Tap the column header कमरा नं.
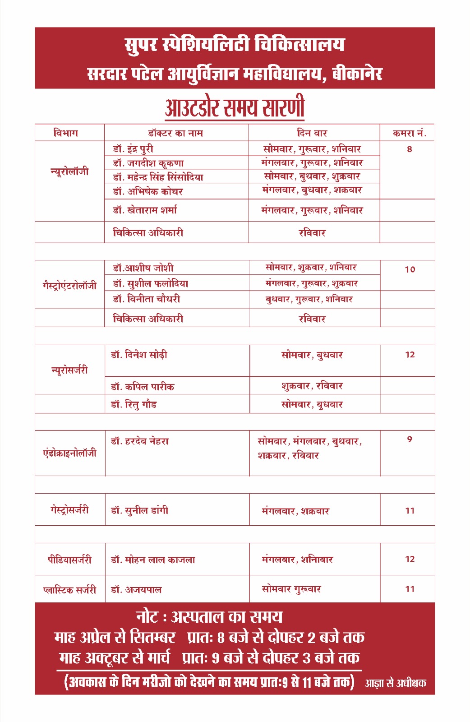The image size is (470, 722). click(x=409, y=133)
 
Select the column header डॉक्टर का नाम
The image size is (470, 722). click(x=175, y=133)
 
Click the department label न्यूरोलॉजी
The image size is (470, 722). click(x=69, y=171)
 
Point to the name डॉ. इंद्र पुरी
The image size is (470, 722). click(x=133, y=149)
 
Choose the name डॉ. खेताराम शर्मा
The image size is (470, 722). click(x=145, y=210)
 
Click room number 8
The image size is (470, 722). click(x=409, y=149)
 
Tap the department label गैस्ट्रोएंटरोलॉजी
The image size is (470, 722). click(x=69, y=286)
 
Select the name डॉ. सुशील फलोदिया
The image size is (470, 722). click(x=150, y=284)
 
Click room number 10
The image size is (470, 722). click(x=410, y=269)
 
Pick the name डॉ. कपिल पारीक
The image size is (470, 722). click(x=143, y=387)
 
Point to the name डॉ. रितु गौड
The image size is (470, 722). click(x=134, y=404)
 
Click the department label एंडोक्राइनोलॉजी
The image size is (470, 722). click(x=69, y=453)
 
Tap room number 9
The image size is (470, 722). click(x=409, y=439)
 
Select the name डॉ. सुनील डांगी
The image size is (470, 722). click(x=139, y=510)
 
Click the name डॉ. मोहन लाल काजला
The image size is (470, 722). click(x=153, y=560)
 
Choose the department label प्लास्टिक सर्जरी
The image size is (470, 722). click(x=69, y=589)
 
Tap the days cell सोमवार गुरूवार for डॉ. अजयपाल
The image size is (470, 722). click(x=291, y=589)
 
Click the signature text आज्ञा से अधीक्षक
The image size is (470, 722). click(x=395, y=683)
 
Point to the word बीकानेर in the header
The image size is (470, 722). click(x=357, y=73)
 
